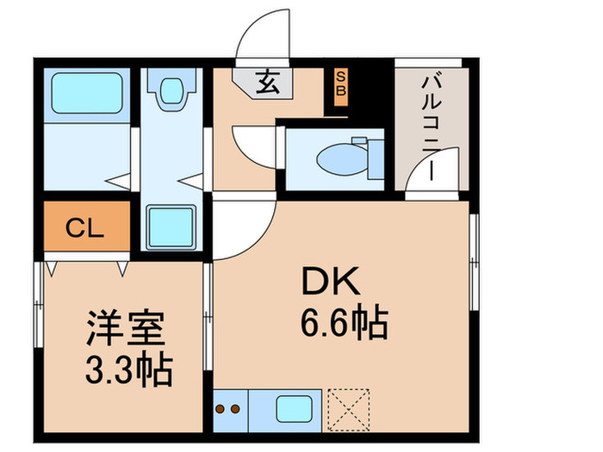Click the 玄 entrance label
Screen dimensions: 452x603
(267, 84)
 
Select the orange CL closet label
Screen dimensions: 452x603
(85, 228)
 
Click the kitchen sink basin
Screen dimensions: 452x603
(296, 407)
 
